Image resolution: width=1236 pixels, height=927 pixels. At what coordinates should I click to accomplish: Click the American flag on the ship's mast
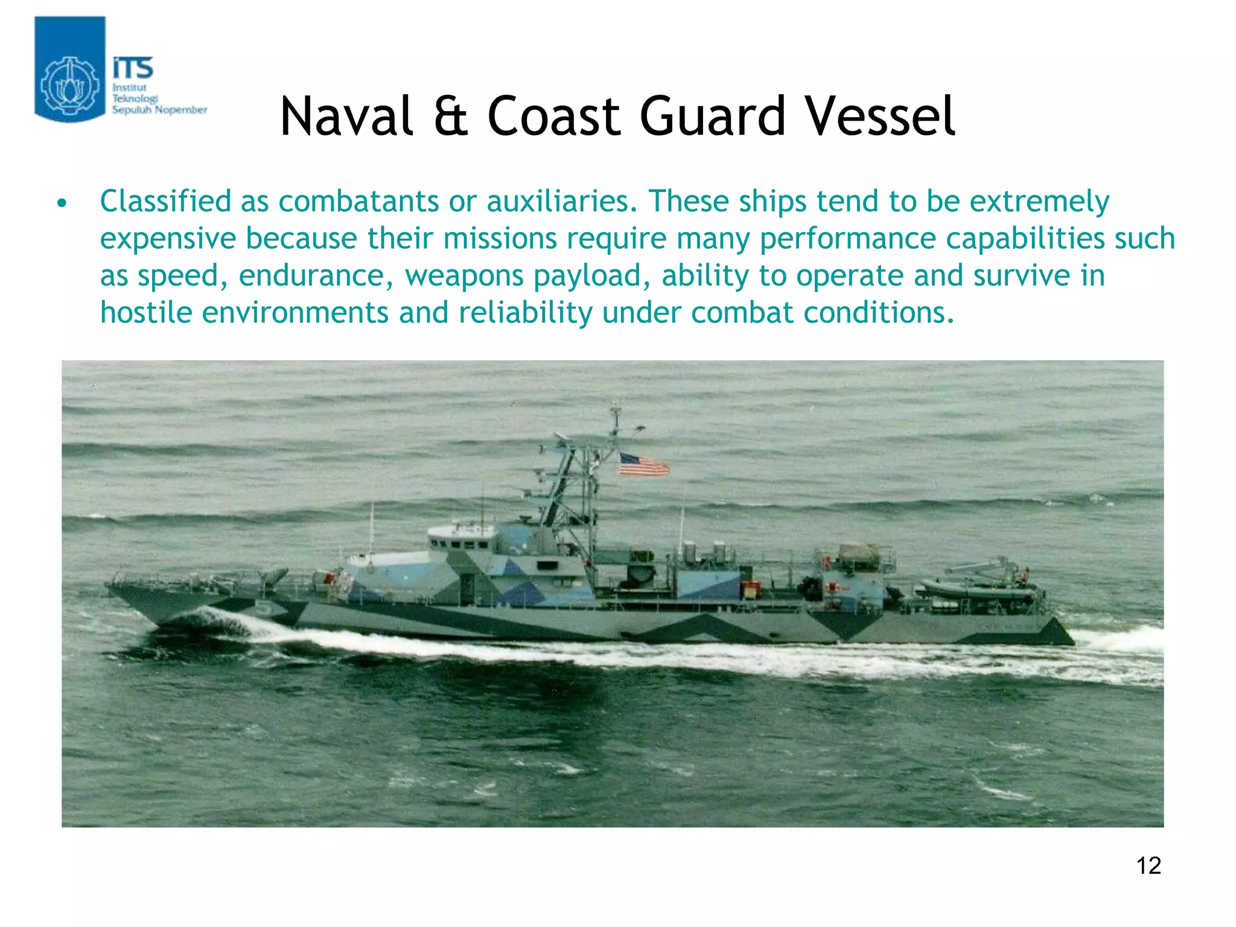pos(644,465)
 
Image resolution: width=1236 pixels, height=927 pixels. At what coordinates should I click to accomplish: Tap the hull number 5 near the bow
pos(264,608)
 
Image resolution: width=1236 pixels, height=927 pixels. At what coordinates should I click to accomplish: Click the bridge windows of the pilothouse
pos(462,544)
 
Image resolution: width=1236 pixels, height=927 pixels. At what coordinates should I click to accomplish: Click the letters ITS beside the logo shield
pos(133,68)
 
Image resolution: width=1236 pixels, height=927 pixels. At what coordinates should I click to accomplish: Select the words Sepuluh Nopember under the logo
pos(159,110)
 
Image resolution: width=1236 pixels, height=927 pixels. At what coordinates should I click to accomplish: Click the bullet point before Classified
pos(61,203)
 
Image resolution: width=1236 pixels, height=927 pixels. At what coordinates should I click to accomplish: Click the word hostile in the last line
pos(145,313)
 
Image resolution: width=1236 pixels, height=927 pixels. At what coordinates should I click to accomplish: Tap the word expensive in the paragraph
pos(168,238)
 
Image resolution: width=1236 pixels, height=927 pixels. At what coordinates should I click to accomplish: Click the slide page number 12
pos(1148,865)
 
